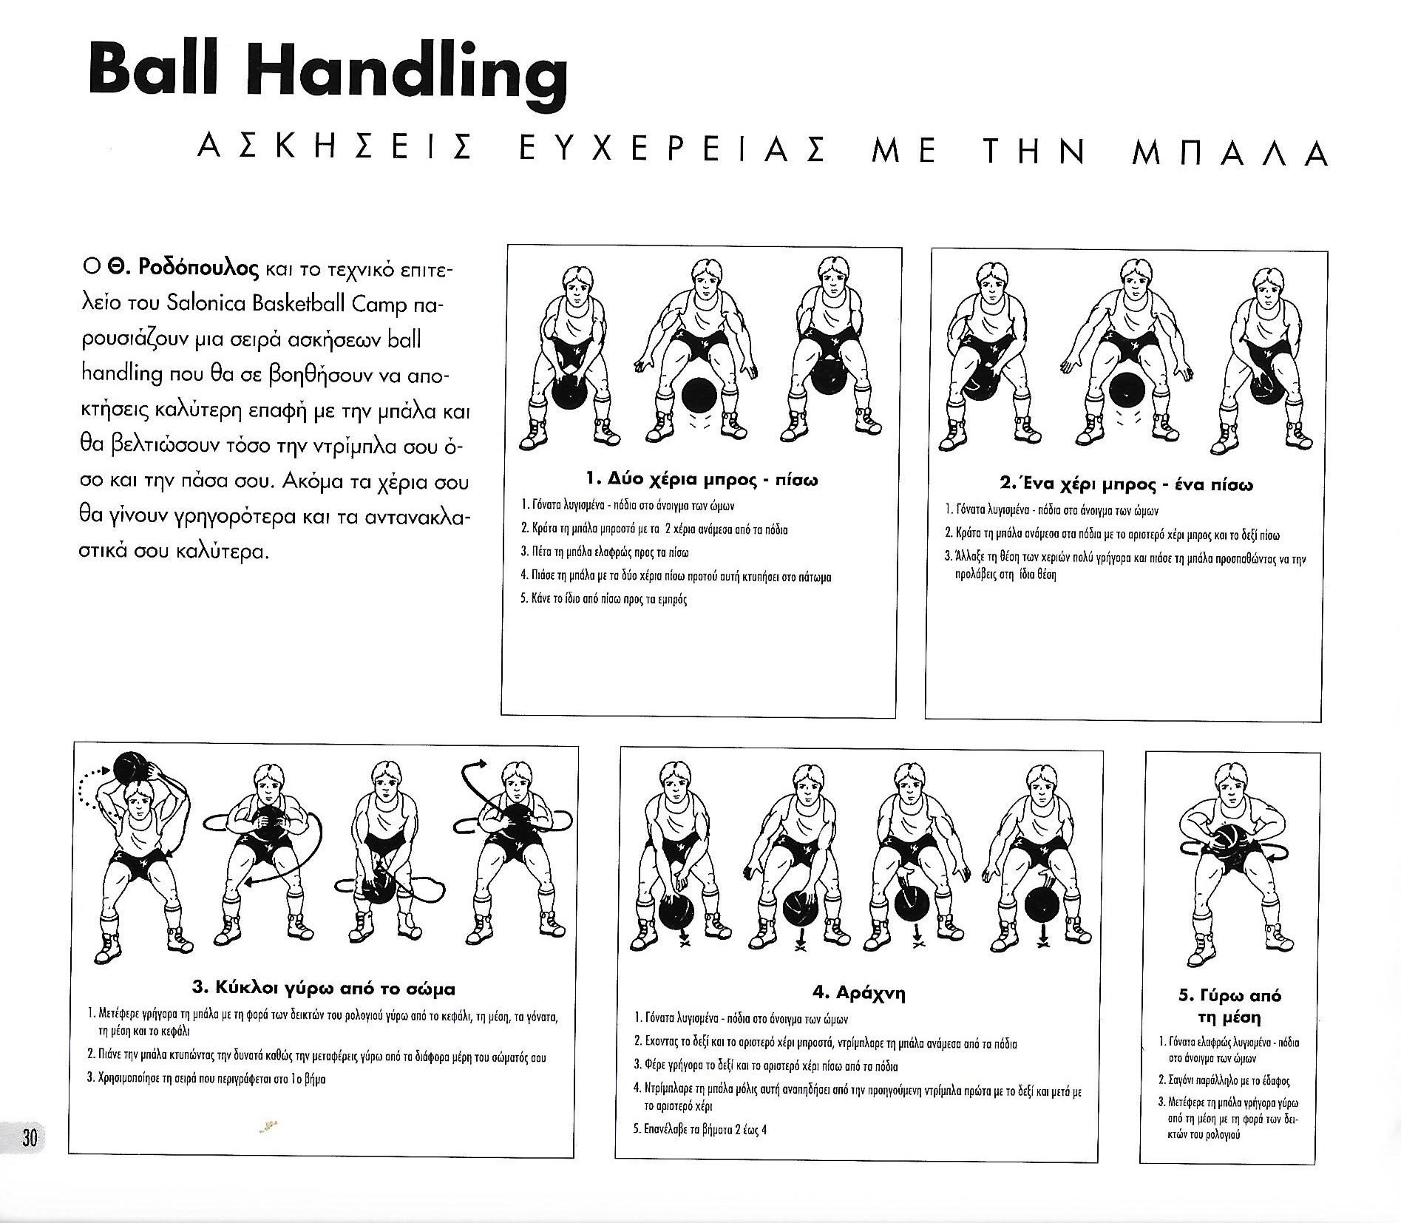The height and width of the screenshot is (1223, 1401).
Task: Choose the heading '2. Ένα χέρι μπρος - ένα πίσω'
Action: (x=1126, y=485)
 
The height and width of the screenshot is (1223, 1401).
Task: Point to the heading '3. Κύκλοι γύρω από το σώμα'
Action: (x=323, y=988)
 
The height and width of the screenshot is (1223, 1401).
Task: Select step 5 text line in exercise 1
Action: (x=604, y=599)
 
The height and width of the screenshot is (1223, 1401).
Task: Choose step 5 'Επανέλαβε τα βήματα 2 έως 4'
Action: (x=700, y=1129)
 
